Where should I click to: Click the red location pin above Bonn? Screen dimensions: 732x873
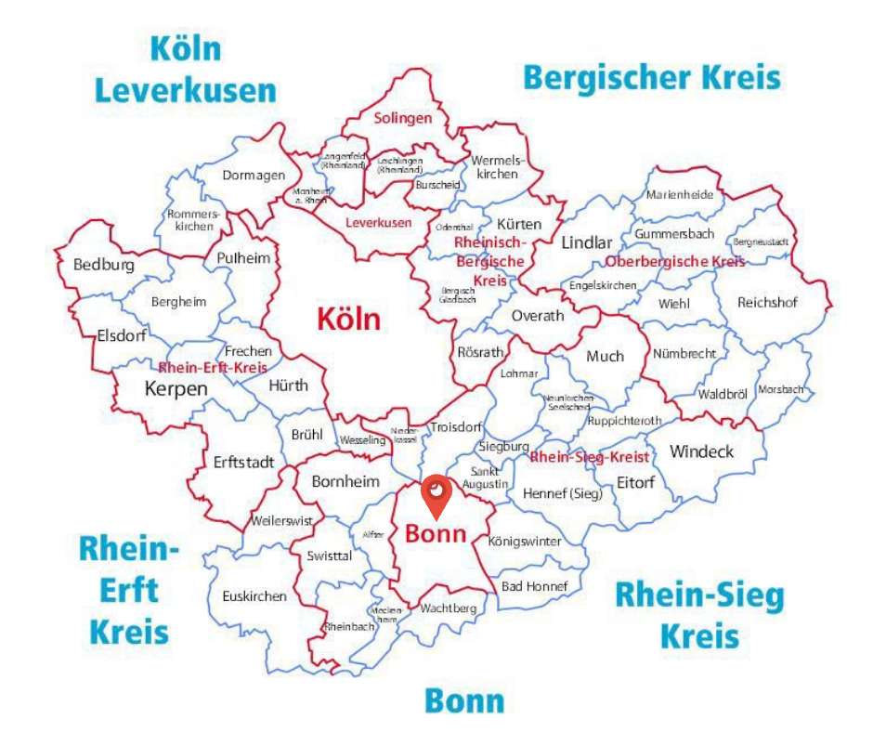436,495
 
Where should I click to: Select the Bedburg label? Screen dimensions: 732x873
103,266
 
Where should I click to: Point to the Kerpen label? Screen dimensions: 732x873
176,388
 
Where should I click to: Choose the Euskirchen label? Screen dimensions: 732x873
254,596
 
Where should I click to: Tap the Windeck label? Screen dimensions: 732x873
701,451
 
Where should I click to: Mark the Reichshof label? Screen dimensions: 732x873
768,303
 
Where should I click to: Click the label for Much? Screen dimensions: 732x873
605,356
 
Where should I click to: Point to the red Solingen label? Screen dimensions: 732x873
403,119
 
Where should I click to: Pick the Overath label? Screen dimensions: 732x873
538,316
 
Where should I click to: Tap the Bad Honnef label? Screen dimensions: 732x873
534,586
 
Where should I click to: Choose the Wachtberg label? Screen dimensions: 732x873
448,608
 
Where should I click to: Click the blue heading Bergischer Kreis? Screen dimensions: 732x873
652,77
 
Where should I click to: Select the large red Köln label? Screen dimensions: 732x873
349,319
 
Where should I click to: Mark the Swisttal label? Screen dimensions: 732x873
329,556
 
